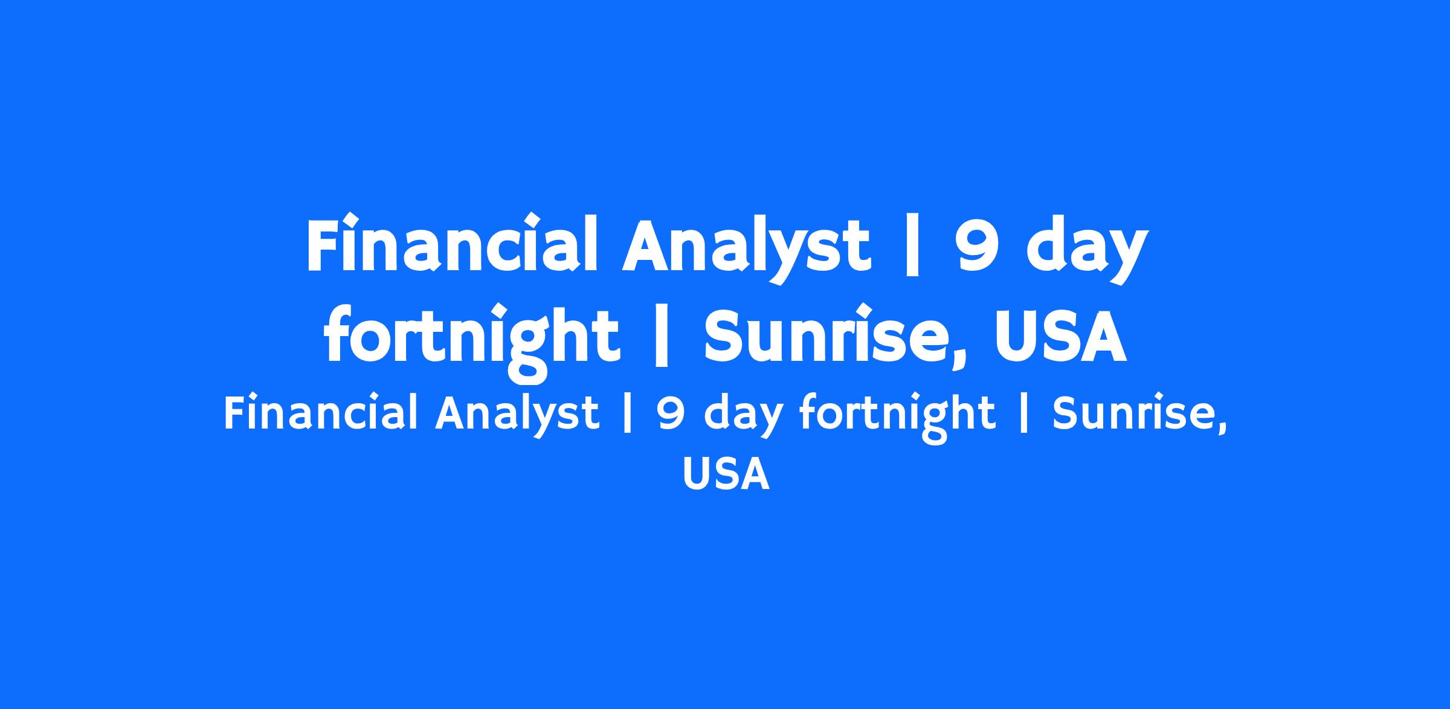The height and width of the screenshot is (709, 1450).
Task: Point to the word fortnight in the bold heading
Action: click(472, 338)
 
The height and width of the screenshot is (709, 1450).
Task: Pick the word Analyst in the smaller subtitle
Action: click(517, 415)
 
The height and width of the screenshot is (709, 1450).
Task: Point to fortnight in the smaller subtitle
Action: click(898, 418)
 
